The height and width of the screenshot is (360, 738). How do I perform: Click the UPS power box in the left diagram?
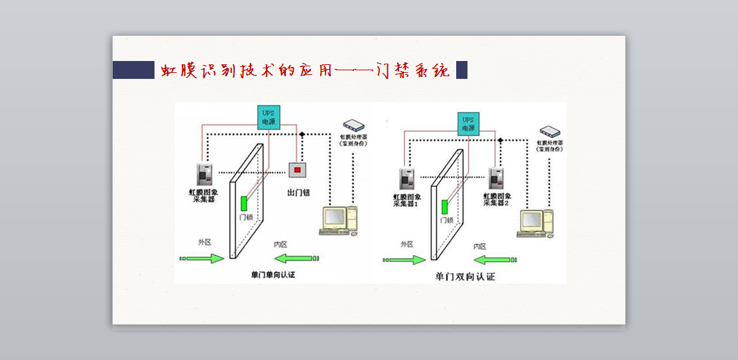269,118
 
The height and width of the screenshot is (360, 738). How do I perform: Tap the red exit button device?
297,170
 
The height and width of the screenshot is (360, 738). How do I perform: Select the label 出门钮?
298,193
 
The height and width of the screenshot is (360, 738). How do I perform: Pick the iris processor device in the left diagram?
353,125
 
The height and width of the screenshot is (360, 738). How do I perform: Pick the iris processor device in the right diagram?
550,131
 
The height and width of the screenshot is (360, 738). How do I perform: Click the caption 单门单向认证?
273,274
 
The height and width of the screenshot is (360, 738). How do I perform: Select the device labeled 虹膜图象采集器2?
497,179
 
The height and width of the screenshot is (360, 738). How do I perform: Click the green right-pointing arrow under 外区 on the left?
203,258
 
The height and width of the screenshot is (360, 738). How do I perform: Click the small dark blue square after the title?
461,70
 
